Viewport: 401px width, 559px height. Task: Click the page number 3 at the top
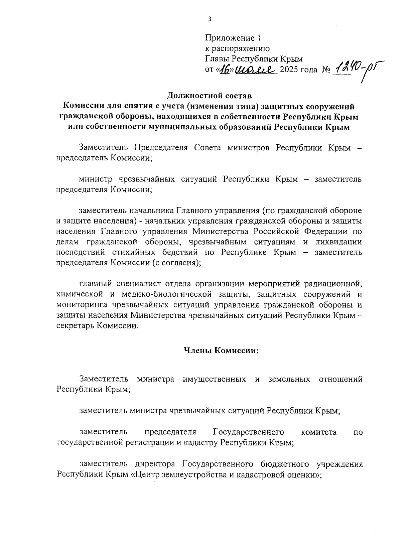coord(210,19)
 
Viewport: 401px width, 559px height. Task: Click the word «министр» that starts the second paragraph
coord(94,179)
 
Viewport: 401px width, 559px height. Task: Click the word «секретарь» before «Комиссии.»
coord(76,326)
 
